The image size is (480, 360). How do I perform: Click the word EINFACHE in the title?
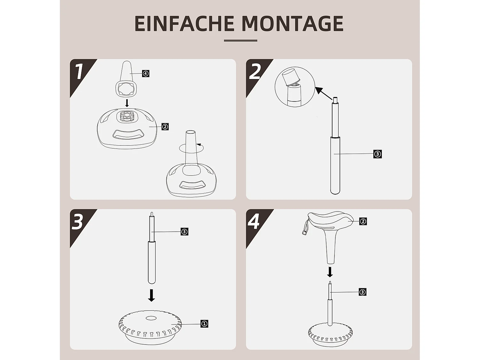point(184,23)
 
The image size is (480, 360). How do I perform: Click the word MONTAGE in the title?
point(292,23)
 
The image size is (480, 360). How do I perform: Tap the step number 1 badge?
point(79,71)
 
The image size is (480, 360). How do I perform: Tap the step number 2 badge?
point(255,72)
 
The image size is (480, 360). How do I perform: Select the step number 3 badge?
point(78,222)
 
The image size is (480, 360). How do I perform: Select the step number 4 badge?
point(254,221)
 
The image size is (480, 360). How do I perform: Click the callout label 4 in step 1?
point(146,74)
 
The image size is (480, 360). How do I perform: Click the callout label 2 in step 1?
point(165,127)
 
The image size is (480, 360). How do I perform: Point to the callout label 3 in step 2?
point(378,154)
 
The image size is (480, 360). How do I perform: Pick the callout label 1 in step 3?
point(204,324)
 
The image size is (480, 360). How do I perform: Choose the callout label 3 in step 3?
point(184,232)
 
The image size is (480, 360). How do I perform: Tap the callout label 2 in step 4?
point(363,221)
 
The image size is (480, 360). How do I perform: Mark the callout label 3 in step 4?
point(362,292)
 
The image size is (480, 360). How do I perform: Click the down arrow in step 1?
point(127,103)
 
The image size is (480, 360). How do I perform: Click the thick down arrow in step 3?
point(152,295)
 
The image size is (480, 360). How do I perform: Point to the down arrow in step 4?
point(330,272)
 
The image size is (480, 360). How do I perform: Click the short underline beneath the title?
point(240,41)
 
